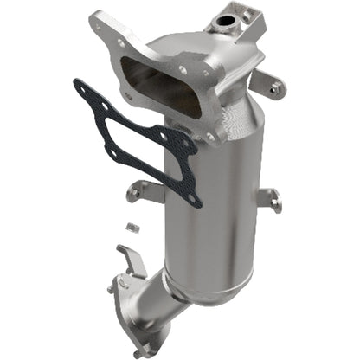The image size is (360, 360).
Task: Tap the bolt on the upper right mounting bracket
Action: coord(275,87)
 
